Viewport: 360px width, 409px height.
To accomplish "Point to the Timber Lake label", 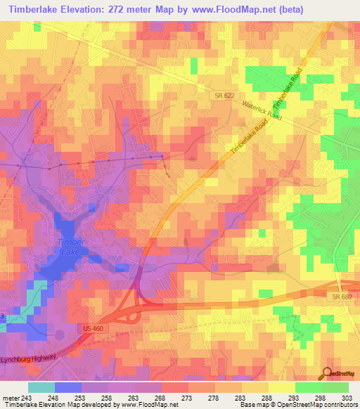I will [69, 246].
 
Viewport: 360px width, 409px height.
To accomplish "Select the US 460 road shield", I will [87, 328].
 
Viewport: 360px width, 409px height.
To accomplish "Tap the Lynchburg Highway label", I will [28, 360].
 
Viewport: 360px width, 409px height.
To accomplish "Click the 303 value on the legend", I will [347, 397].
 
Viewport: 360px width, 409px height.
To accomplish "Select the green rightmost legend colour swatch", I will [335, 387].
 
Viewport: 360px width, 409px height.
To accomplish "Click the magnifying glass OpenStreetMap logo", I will [328, 375].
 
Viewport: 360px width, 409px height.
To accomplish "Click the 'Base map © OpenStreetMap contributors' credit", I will [297, 405].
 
